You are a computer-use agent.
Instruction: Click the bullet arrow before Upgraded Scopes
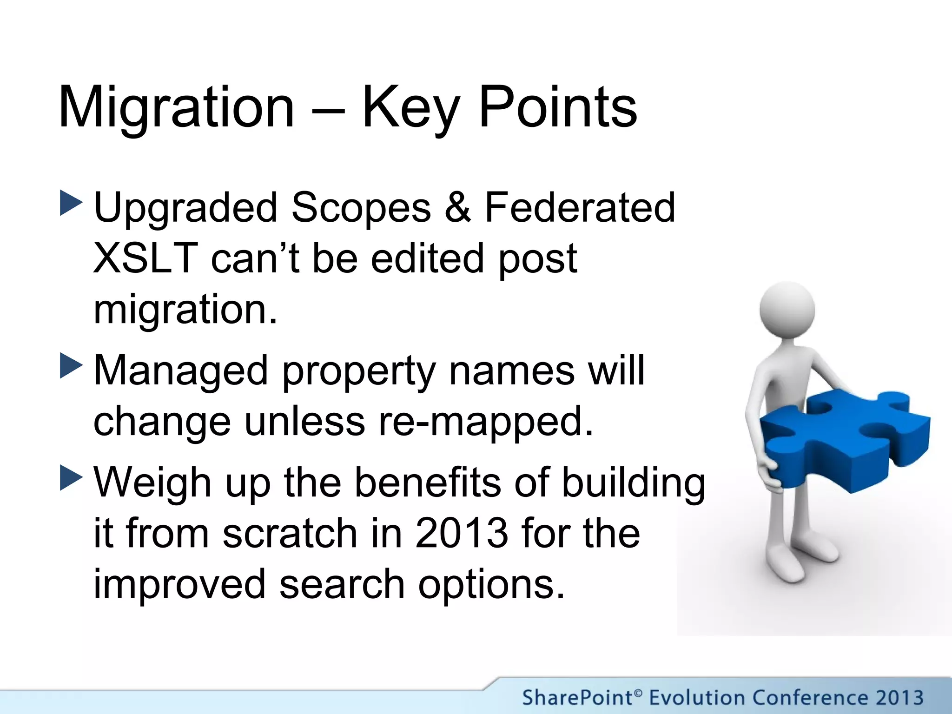coord(71,203)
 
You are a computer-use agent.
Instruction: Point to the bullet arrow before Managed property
coord(71,366)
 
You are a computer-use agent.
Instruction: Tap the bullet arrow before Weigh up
coord(71,478)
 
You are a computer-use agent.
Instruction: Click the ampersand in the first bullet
coord(458,207)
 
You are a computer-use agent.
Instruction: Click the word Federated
coord(580,207)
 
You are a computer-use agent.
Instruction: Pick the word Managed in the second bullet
coord(181,370)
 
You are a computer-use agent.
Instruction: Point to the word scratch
coord(290,533)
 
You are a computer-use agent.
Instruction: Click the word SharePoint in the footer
coord(576,698)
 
